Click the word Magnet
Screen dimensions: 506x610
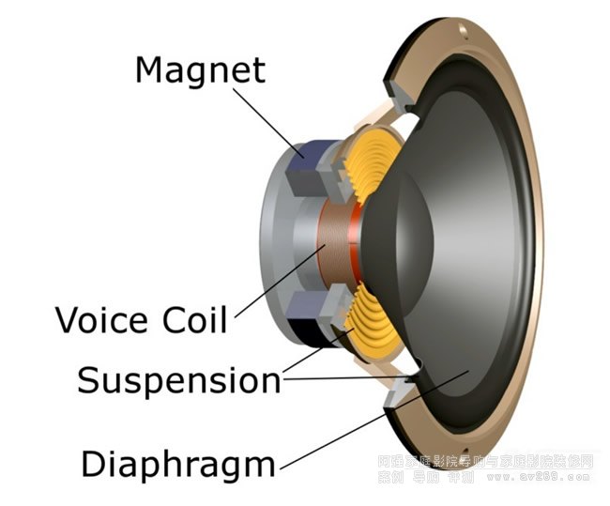coord(200,70)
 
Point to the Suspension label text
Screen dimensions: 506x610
coord(178,381)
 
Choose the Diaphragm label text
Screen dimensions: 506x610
coord(178,464)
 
